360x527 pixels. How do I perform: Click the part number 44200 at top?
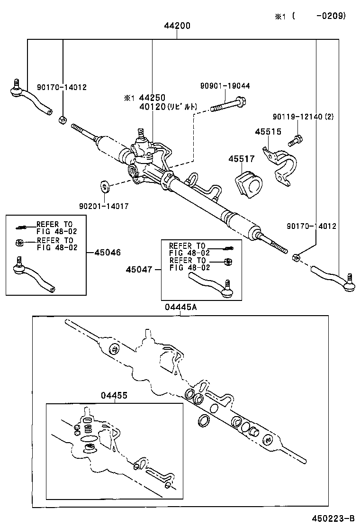click(x=177, y=26)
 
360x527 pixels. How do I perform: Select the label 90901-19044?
click(x=225, y=86)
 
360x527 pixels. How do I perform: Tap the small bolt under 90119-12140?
click(x=295, y=141)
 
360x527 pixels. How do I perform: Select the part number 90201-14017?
click(x=104, y=206)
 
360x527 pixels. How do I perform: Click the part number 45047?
click(x=139, y=269)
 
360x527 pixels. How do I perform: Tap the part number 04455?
click(x=113, y=395)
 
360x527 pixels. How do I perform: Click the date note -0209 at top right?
click(x=330, y=16)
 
